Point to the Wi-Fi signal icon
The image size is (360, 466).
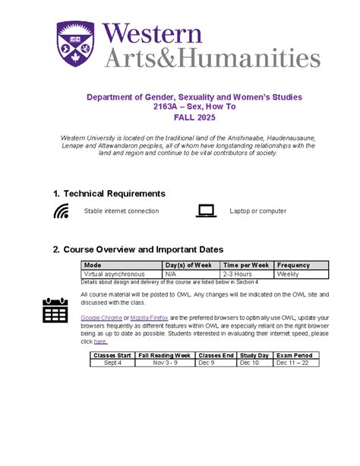pos(61,211)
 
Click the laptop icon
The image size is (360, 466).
pos(206,211)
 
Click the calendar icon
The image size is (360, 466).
pos(55,310)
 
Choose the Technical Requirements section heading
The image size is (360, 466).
pos(109,194)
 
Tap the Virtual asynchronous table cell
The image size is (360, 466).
pos(114,274)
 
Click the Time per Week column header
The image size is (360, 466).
pos(245,265)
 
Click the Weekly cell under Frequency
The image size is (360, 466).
pos(288,274)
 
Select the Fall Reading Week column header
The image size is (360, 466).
pos(164,355)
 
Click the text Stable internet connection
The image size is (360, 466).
pos(122,211)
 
